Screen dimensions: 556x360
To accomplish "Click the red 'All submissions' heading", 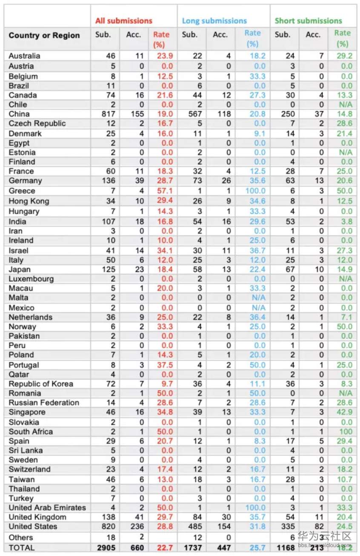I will (x=123, y=20).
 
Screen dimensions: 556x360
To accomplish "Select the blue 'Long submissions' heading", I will (x=214, y=20).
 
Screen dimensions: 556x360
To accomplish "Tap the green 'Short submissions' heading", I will (x=308, y=20).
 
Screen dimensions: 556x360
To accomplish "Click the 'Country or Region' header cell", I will (x=44, y=35).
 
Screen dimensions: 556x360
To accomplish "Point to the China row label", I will (x=19, y=114).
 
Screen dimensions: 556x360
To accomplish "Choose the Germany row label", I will (x=25, y=181).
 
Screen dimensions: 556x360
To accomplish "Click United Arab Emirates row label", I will (x=47, y=507).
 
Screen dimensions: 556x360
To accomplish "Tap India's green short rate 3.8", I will (x=346, y=221).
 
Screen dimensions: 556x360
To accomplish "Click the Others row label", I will (x=21, y=537).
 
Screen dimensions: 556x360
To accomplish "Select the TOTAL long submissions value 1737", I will (x=192, y=547).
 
